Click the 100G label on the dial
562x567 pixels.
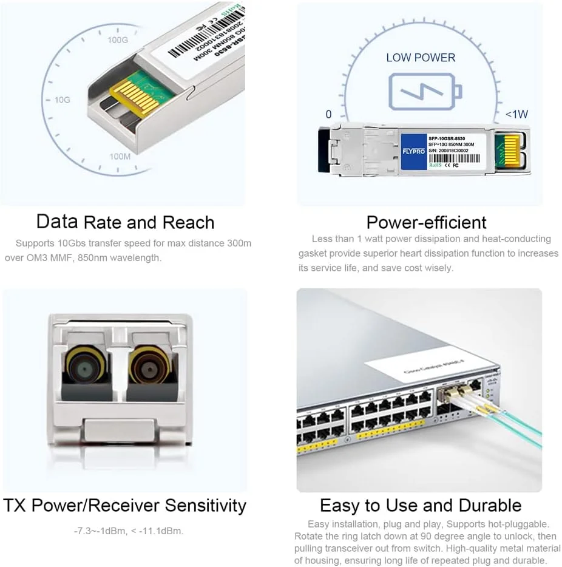pos(118,40)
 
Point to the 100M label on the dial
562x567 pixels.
pos(120,157)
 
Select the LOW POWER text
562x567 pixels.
pos(421,58)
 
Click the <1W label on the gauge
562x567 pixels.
pos(516,114)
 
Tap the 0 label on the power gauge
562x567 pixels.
pos(328,114)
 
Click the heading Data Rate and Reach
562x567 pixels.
pos(125,222)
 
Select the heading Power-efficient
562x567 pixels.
pos(426,222)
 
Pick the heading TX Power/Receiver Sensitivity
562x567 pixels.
pos(125,505)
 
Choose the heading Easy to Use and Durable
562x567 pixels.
pos(421,505)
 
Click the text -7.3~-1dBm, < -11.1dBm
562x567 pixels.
pos(128,531)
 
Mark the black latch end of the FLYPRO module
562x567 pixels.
pos(323,149)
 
